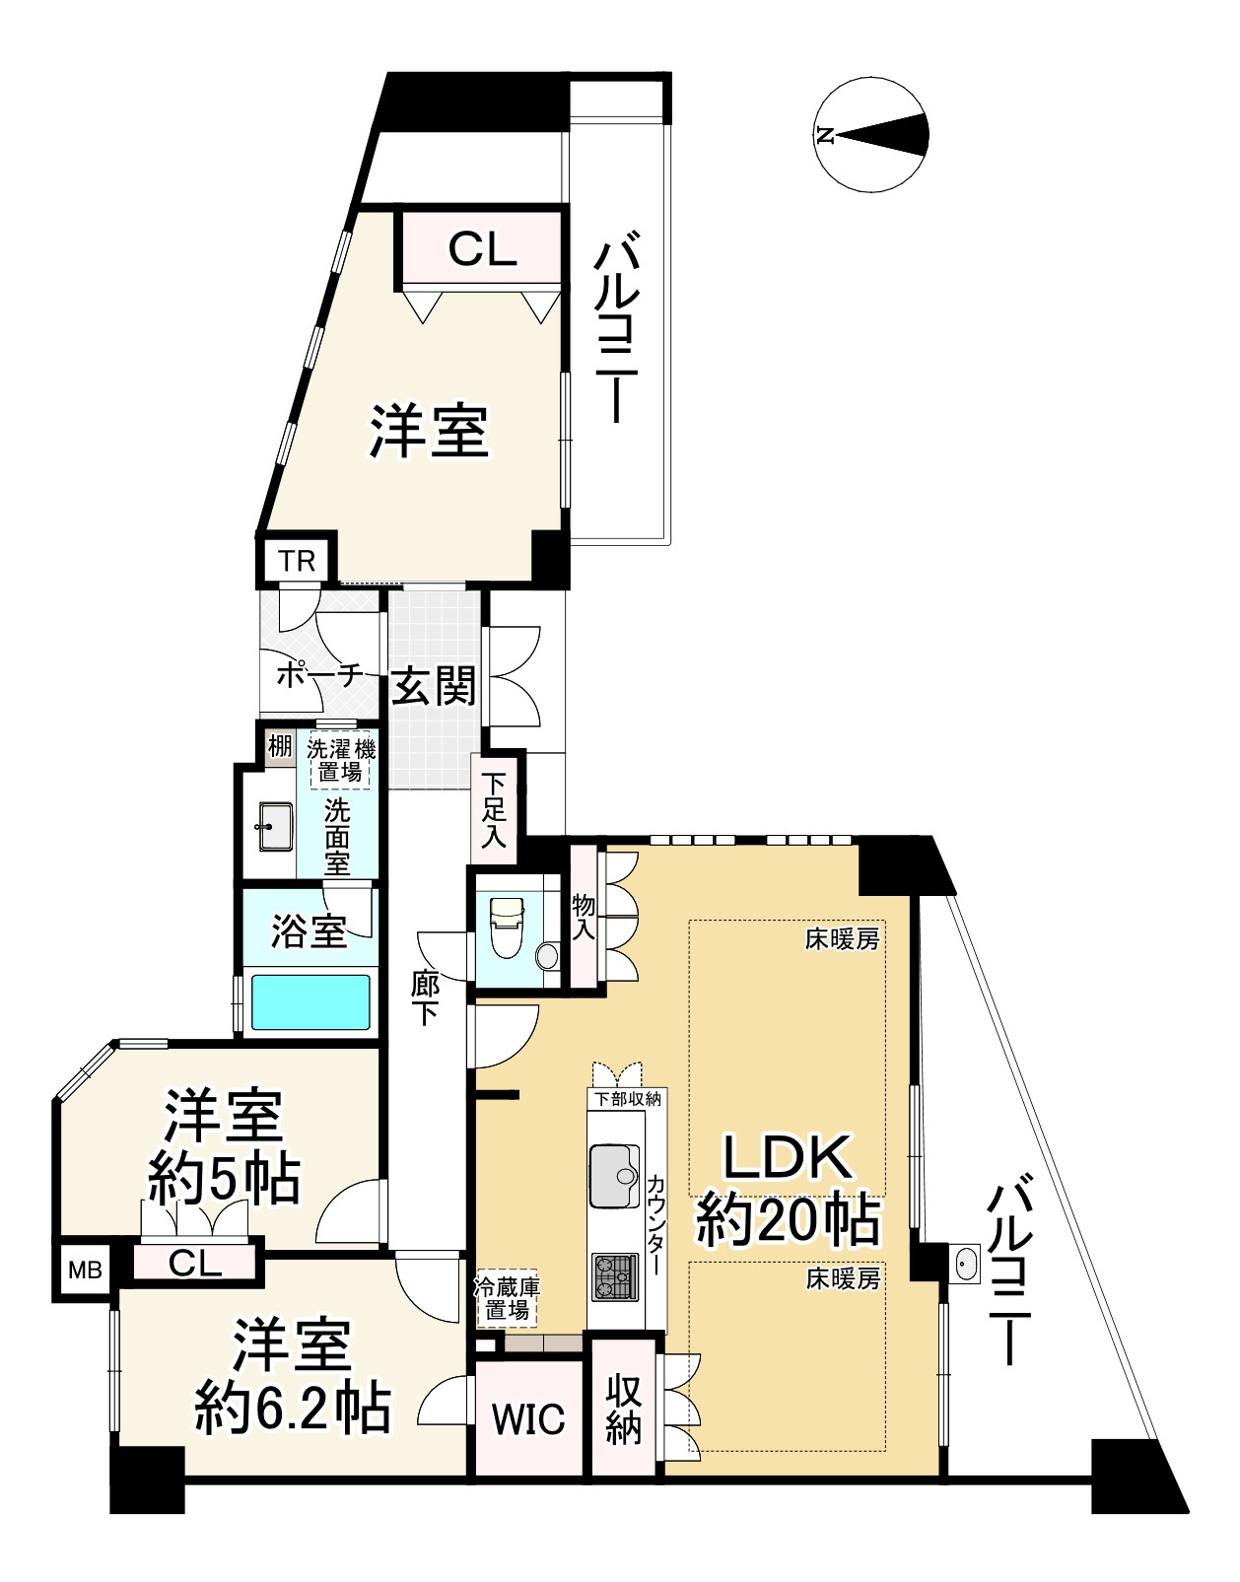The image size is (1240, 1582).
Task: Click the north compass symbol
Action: [x=873, y=136]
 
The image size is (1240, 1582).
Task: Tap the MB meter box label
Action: [x=85, y=1271]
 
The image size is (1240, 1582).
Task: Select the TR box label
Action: [x=297, y=562]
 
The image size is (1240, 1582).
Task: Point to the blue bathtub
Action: [x=310, y=1002]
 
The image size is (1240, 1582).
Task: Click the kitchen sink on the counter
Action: [x=615, y=1174]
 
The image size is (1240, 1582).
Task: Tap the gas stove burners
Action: [x=615, y=1277]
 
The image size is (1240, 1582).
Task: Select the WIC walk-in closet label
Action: [x=528, y=1419]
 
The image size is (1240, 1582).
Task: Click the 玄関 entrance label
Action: [x=434, y=685]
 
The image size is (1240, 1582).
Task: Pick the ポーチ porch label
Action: [x=318, y=676]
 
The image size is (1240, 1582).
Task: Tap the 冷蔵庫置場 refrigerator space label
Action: [x=507, y=1298]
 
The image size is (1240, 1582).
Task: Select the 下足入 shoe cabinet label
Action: [x=494, y=810]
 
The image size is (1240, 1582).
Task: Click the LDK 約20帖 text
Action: [x=787, y=1189]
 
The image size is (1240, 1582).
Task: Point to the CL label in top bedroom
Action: [x=482, y=249]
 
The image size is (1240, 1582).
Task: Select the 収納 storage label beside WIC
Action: [x=624, y=1408]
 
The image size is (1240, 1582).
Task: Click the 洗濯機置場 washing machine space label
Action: [x=340, y=760]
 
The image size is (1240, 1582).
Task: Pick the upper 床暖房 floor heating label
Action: [x=842, y=939]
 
